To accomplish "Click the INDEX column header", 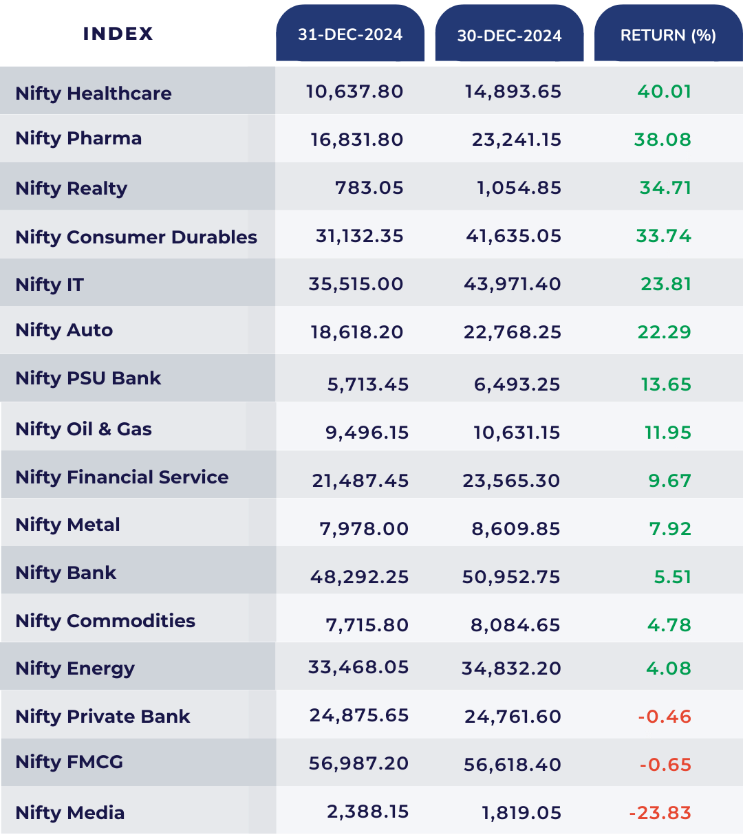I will (118, 34).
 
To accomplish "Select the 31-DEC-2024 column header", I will (350, 35).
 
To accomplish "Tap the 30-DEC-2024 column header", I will (509, 36).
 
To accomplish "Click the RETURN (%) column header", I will (668, 36).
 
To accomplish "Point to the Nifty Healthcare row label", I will (94, 94).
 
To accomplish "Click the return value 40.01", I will (664, 91).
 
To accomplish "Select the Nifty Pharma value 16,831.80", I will (356, 140).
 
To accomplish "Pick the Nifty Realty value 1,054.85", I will (519, 188).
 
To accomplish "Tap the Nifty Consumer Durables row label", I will (136, 237).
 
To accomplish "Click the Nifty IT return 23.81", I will (665, 284).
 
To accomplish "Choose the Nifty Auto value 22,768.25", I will (513, 332).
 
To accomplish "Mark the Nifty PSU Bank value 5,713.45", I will (367, 384).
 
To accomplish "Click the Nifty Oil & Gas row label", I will (83, 429).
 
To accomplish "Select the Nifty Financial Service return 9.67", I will (669, 481).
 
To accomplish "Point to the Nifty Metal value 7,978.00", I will (364, 529).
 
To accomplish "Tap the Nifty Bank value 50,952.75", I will (511, 577).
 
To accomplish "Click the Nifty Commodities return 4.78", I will (669, 625).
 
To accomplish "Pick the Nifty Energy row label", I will (75, 668).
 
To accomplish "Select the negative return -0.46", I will (664, 717).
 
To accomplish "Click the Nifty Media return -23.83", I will (660, 813).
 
